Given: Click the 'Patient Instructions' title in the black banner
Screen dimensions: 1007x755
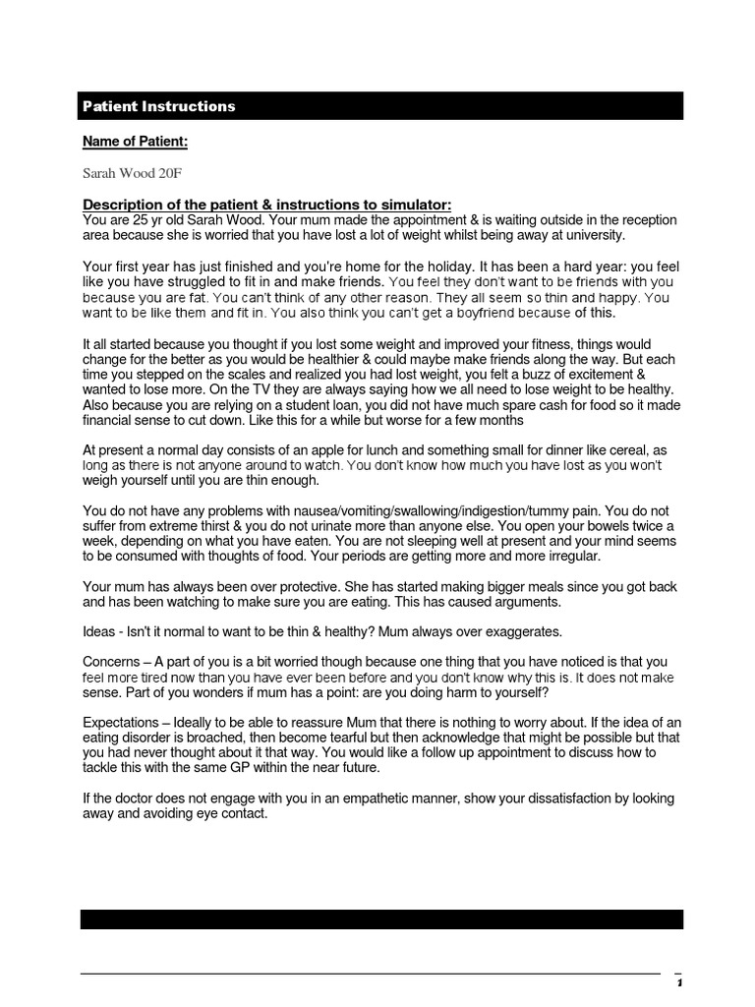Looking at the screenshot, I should pyautogui.click(x=158, y=106).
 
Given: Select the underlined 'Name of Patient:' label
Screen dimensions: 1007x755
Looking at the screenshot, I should pyautogui.click(x=135, y=142).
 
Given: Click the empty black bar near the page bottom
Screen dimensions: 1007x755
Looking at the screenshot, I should pyautogui.click(x=381, y=919).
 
